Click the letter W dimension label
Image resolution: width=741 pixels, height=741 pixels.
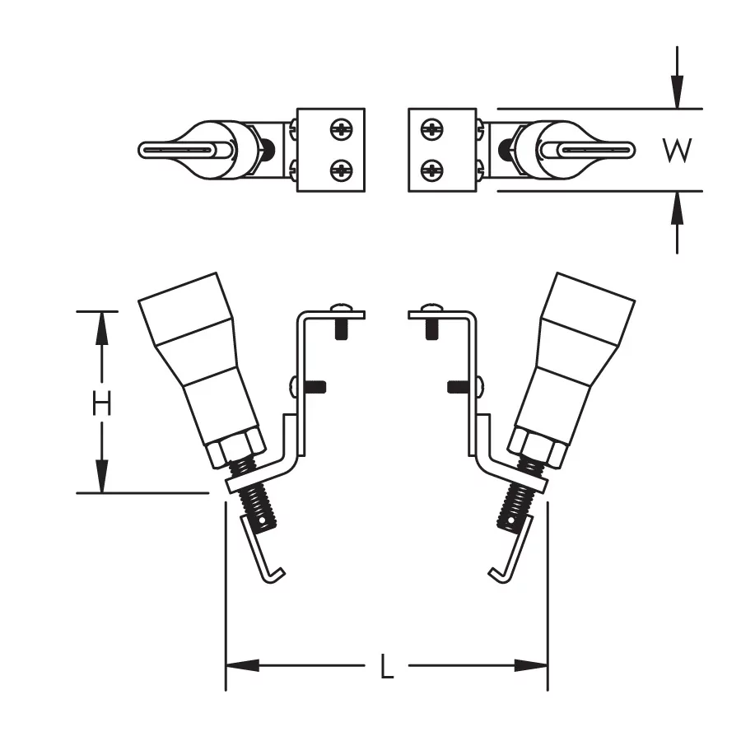point(678,151)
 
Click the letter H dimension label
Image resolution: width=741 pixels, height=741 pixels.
point(101,403)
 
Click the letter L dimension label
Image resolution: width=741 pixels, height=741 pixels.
point(387,666)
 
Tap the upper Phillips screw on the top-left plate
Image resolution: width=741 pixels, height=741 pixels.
point(341,129)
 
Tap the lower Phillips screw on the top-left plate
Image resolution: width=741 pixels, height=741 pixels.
point(341,170)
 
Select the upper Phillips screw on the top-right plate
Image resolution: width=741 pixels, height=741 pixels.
point(431,129)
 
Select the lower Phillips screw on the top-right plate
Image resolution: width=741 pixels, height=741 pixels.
point(431,170)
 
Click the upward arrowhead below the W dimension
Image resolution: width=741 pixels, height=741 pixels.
point(678,208)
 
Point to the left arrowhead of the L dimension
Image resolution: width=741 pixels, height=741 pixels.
point(242,666)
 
